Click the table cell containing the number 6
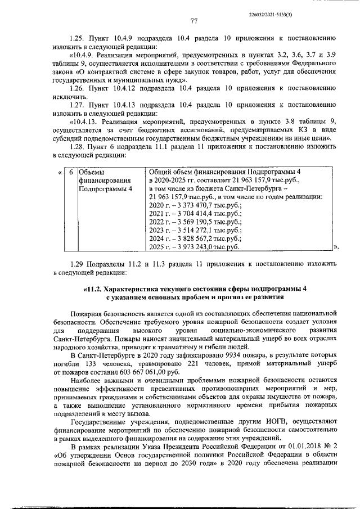tap(71, 172)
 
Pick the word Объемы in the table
tap(92, 172)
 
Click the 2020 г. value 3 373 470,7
tap(194, 206)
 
